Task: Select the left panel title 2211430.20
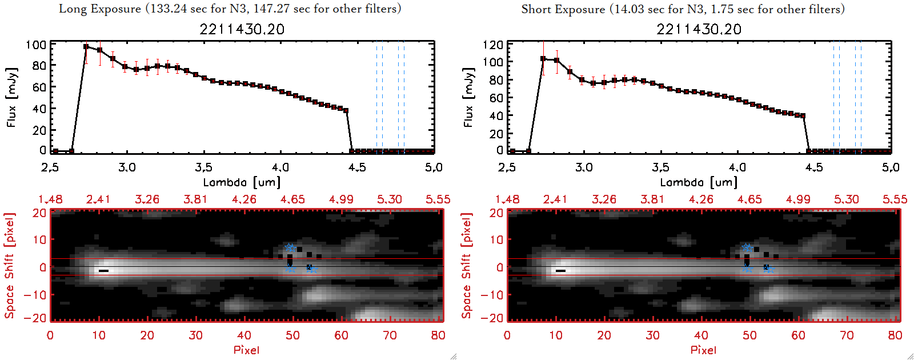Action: [x=242, y=29]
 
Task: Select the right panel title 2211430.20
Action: [x=699, y=29]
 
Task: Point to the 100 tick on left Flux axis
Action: [x=36, y=45]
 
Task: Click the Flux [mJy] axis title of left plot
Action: [x=12, y=97]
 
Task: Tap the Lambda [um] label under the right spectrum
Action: [x=699, y=182]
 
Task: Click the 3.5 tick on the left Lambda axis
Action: [x=203, y=167]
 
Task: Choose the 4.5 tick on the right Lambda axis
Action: [x=814, y=167]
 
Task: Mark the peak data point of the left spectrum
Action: [x=86, y=47]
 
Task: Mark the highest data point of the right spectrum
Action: [x=543, y=59]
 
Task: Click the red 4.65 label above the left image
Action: [x=292, y=199]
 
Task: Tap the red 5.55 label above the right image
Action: [x=895, y=199]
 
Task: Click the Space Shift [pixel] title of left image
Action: [x=10, y=266]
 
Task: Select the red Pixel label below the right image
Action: [x=703, y=350]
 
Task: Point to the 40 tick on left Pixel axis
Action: [x=244, y=335]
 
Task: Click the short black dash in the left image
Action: [x=103, y=271]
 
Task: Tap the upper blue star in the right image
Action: [x=747, y=247]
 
